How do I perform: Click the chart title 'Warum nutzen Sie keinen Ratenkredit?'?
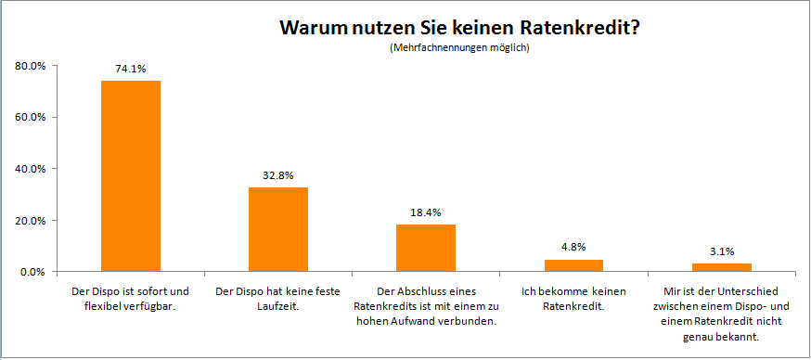click(x=459, y=28)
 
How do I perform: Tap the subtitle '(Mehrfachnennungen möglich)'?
click(x=459, y=47)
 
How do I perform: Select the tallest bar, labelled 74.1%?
click(x=131, y=176)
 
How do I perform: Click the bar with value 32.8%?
click(x=278, y=229)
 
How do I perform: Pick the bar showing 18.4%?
click(x=426, y=248)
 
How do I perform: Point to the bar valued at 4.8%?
click(x=573, y=265)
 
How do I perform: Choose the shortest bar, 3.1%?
click(x=721, y=267)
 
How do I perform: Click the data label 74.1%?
click(x=131, y=68)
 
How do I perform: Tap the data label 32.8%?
click(x=278, y=174)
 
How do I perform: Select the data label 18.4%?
click(x=426, y=212)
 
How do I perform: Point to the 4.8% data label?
click(x=573, y=247)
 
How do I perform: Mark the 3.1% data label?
click(x=721, y=251)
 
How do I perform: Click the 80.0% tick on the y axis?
click(x=31, y=66)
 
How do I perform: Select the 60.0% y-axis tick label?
click(x=31, y=117)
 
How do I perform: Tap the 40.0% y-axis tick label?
click(x=31, y=169)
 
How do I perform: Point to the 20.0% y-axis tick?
click(x=31, y=221)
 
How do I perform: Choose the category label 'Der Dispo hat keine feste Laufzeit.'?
click(x=278, y=299)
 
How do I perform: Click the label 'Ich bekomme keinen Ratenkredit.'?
click(x=573, y=299)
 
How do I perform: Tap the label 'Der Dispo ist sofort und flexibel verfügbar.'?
click(x=131, y=299)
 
